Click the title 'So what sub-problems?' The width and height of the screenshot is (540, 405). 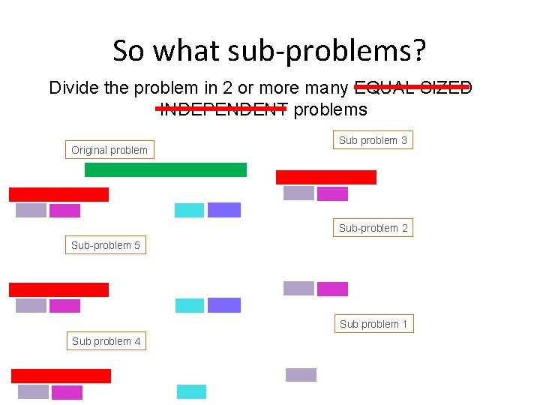pos(269,51)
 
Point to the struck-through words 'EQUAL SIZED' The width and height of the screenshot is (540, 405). pos(412,88)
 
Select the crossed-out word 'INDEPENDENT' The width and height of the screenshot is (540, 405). pos(223,109)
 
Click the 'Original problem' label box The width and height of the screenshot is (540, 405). pos(109,150)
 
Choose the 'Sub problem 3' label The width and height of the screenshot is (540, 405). pos(373,140)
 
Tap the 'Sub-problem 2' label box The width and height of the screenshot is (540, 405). pos(373,228)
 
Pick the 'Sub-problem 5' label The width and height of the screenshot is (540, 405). pos(105,245)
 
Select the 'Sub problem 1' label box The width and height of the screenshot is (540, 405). pos(373,324)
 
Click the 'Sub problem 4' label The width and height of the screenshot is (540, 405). pos(106,341)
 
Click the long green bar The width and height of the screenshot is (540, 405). pos(165,169)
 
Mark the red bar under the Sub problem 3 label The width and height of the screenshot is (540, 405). pos(325,177)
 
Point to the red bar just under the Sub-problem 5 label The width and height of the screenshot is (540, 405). pos(58,289)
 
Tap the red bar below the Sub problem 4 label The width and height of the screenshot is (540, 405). pos(61,376)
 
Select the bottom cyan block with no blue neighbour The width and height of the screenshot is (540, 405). pos(191,391)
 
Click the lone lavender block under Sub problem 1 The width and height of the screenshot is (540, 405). pos(301,375)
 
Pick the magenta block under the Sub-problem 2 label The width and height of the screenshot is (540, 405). pos(332,289)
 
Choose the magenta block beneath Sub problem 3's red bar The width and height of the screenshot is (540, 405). pos(332,194)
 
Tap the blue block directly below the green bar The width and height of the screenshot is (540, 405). pos(223,210)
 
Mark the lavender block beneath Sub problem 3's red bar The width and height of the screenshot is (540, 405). pos(298,193)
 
